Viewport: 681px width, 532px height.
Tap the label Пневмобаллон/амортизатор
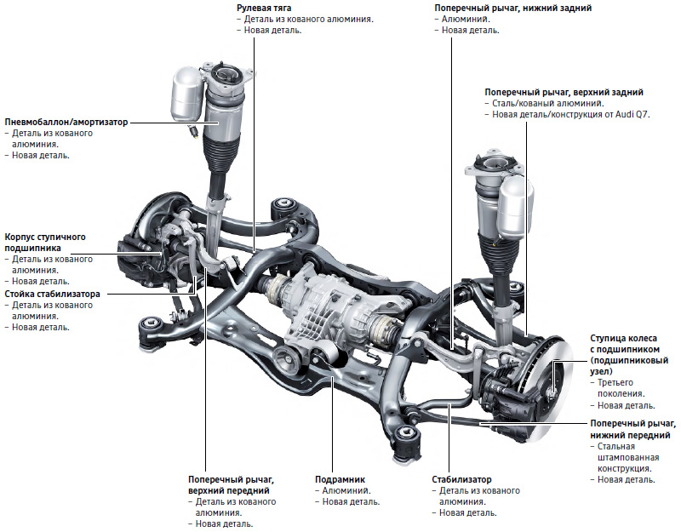click(x=66, y=123)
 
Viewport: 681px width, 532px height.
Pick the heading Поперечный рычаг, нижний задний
click(x=512, y=7)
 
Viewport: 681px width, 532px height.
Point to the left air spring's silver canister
click(x=186, y=94)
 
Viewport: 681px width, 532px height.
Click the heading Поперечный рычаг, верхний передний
click(x=231, y=485)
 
